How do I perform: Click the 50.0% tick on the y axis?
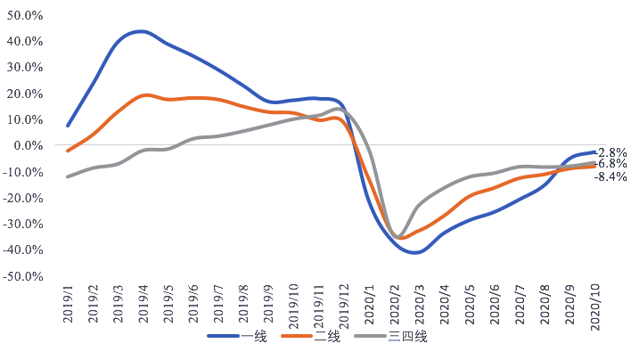pyautogui.click(x=26, y=16)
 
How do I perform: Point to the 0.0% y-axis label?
pyautogui.click(x=28, y=145)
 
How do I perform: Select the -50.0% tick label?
pyautogui.click(x=24, y=276)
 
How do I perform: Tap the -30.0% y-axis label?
pyautogui.click(x=24, y=224)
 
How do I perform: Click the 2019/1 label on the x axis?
pyautogui.click(x=68, y=307)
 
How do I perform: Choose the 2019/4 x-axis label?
pyautogui.click(x=143, y=307)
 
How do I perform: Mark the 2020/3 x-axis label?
pyautogui.click(x=419, y=307)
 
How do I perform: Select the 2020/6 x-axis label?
pyautogui.click(x=494, y=307)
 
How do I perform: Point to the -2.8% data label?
pyautogui.click(x=611, y=152)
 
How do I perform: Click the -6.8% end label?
pyautogui.click(x=611, y=164)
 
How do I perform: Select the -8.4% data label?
pyautogui.click(x=611, y=176)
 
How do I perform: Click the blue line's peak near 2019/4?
pyautogui.click(x=143, y=31)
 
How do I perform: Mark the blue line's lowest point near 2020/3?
pyautogui.click(x=415, y=252)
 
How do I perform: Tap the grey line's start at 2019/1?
pyautogui.click(x=68, y=176)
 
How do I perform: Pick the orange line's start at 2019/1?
pyautogui.click(x=68, y=151)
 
